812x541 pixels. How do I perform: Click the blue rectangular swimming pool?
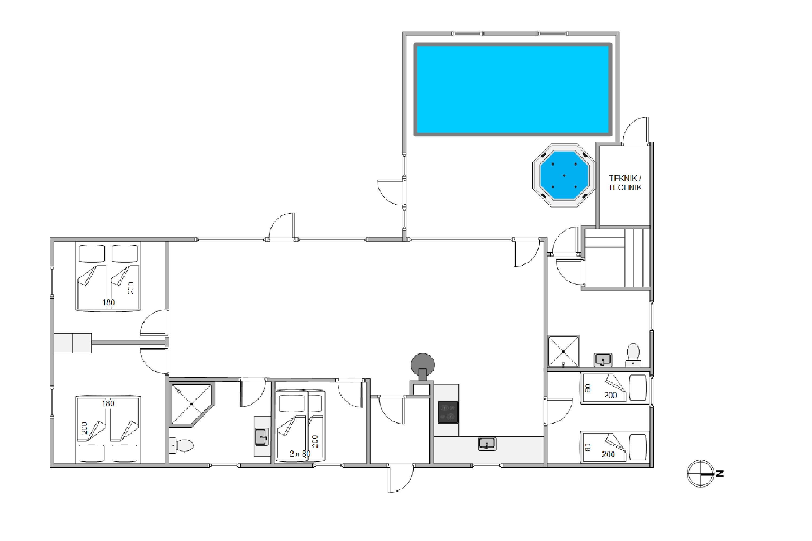pos(513,89)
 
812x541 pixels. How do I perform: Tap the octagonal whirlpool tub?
pos(564,176)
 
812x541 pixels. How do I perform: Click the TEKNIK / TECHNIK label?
pos(625,183)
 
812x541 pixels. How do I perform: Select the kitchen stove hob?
pos(448,412)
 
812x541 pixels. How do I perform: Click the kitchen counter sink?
pos(487,443)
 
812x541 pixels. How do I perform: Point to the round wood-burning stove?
pos(423,365)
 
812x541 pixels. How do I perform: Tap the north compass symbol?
pos(700,473)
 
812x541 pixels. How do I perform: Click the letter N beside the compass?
pos(719,474)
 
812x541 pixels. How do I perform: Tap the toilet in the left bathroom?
pos(182,445)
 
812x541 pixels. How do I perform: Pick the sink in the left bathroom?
pos(262,437)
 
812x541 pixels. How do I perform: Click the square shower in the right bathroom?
pos(564,351)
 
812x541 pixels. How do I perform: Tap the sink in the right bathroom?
pos(603,360)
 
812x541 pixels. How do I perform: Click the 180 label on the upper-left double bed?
pos(109,303)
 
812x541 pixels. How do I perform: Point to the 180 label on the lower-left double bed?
pos(108,403)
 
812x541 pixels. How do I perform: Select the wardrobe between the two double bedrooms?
pos(73,343)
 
